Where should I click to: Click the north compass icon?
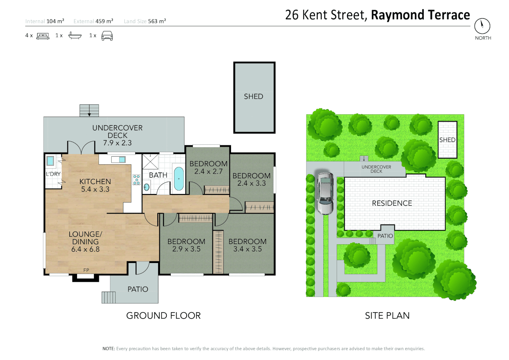[482, 26]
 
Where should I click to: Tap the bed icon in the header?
[43, 36]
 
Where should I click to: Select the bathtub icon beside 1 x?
[75, 35]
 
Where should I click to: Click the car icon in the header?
[107, 36]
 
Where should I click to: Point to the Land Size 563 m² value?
[157, 21]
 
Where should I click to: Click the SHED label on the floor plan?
[254, 97]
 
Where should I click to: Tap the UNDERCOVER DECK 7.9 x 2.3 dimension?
[117, 143]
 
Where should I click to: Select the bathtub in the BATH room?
[179, 179]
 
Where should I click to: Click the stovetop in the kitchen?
[136, 180]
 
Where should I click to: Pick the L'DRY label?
[53, 174]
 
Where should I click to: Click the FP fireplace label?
[86, 270]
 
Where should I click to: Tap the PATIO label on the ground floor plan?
[138, 289]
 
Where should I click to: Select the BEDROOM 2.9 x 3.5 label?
[186, 245]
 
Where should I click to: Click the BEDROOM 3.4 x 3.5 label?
[247, 245]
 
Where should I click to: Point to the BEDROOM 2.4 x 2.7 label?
[208, 168]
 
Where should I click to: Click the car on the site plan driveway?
[325, 193]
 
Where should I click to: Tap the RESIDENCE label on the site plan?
[392, 203]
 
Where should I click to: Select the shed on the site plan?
[447, 140]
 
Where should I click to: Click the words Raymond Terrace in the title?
[420, 15]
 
